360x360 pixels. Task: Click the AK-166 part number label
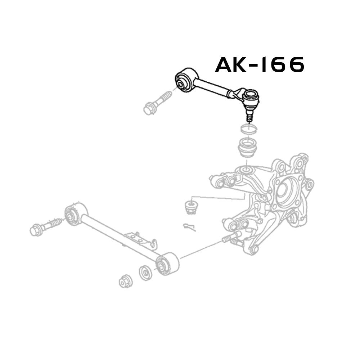pos(260,65)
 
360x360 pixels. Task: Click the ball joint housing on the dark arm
pos(251,97)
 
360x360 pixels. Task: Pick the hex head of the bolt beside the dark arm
pos(148,108)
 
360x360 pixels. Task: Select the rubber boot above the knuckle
pos(247,147)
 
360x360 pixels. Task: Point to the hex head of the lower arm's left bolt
pos(36,230)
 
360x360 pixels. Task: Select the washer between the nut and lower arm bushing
pos(145,273)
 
